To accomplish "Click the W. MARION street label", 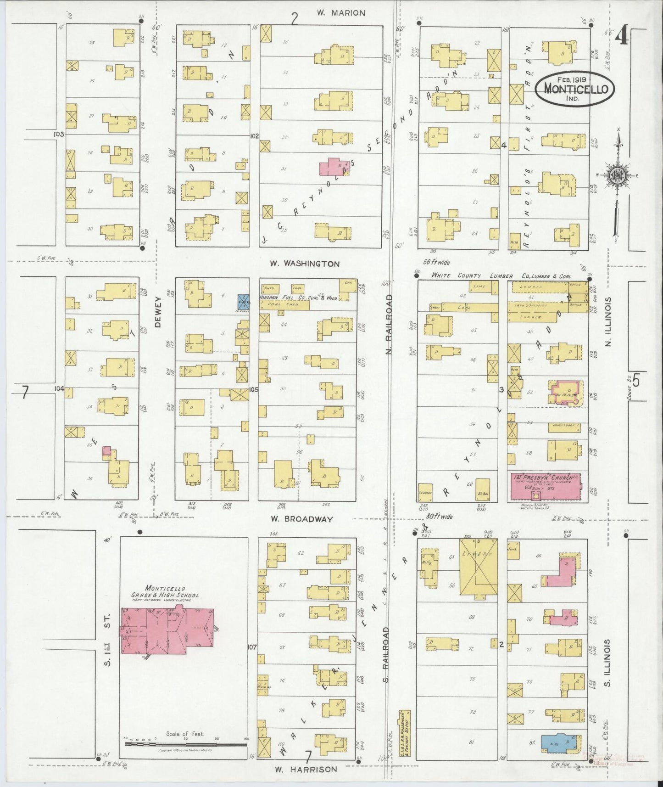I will click(341, 13).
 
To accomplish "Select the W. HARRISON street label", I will click(306, 769).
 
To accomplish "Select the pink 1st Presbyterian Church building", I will click(545, 486).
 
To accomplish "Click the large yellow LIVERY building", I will click(479, 568).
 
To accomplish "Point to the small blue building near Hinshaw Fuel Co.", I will click(243, 302).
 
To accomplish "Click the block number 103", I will click(58, 135).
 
